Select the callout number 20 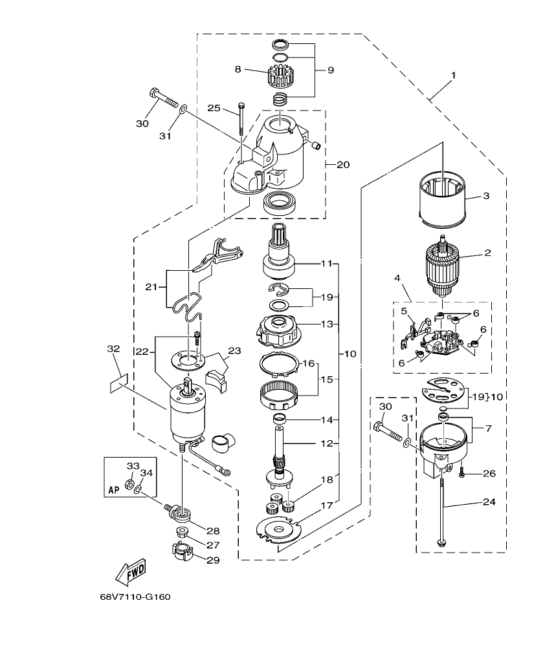342,165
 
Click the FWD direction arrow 130,571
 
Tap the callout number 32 113,349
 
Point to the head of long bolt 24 441,541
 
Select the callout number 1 453,76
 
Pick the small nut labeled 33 129,483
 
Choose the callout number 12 326,443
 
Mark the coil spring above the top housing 280,99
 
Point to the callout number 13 326,322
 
